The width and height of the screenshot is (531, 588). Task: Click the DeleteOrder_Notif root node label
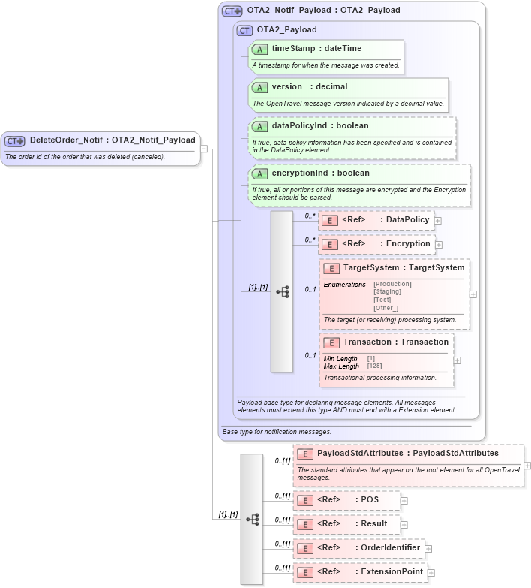coord(112,140)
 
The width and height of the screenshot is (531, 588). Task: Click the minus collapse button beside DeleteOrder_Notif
coord(204,149)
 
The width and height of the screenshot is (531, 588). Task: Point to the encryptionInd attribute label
coord(320,173)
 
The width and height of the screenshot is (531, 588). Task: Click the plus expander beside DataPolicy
coord(438,221)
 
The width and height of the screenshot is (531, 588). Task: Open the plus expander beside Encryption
coord(439,245)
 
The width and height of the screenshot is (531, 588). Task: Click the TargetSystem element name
coord(403,267)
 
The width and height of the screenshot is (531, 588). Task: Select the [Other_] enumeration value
coord(385,308)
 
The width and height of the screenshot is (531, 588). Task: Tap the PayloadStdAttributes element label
coord(407,453)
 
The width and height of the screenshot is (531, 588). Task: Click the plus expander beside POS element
coord(404,500)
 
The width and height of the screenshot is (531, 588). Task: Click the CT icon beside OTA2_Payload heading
coord(244,30)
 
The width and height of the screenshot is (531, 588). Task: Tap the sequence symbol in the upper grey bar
coord(282,292)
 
